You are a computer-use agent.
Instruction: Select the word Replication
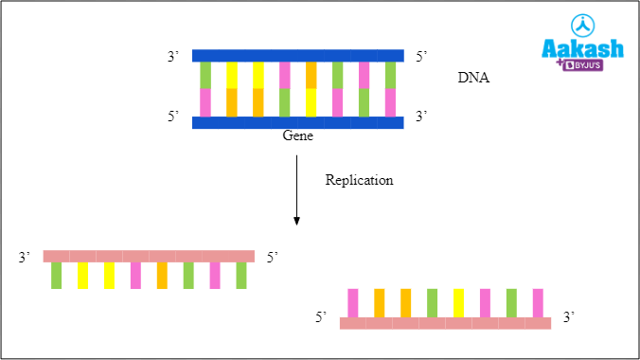pyautogui.click(x=359, y=180)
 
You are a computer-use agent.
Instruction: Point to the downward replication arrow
pyautogui.click(x=297, y=189)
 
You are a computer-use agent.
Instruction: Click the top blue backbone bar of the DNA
pyautogui.click(x=298, y=56)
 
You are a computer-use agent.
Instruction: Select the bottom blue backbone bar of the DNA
pyautogui.click(x=298, y=122)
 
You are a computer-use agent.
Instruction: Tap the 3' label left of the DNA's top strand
pyautogui.click(x=173, y=57)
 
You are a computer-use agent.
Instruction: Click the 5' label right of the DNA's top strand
pyautogui.click(x=422, y=57)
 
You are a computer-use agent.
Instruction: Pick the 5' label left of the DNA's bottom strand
pyautogui.click(x=173, y=117)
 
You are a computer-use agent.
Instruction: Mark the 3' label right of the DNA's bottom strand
pyautogui.click(x=422, y=117)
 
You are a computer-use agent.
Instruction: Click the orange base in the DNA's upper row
pyautogui.click(x=311, y=75)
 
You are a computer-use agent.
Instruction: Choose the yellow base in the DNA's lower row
pyautogui.click(x=311, y=102)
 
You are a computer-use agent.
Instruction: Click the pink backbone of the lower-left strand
pyautogui.click(x=149, y=256)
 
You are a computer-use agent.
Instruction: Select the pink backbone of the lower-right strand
pyautogui.click(x=445, y=323)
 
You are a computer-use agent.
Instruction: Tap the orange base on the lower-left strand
pyautogui.click(x=162, y=276)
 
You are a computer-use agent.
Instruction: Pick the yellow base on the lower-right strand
pyautogui.click(x=459, y=302)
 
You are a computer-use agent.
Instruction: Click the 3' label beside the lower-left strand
pyautogui.click(x=25, y=257)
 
